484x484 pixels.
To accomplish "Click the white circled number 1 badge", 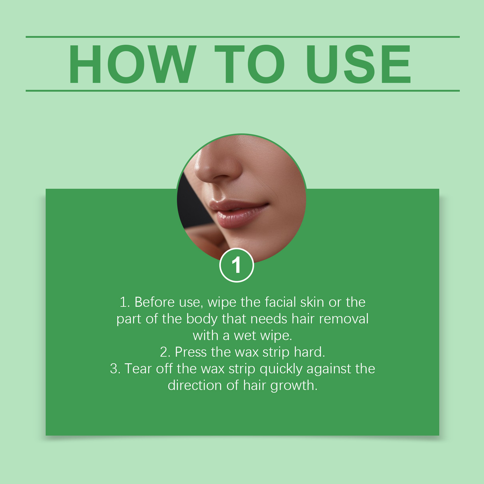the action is tap(237, 265).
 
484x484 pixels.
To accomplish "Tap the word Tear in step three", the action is tap(138, 369).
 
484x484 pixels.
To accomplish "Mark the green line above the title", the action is tap(243, 37).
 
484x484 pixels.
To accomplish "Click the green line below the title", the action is tap(243, 90).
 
